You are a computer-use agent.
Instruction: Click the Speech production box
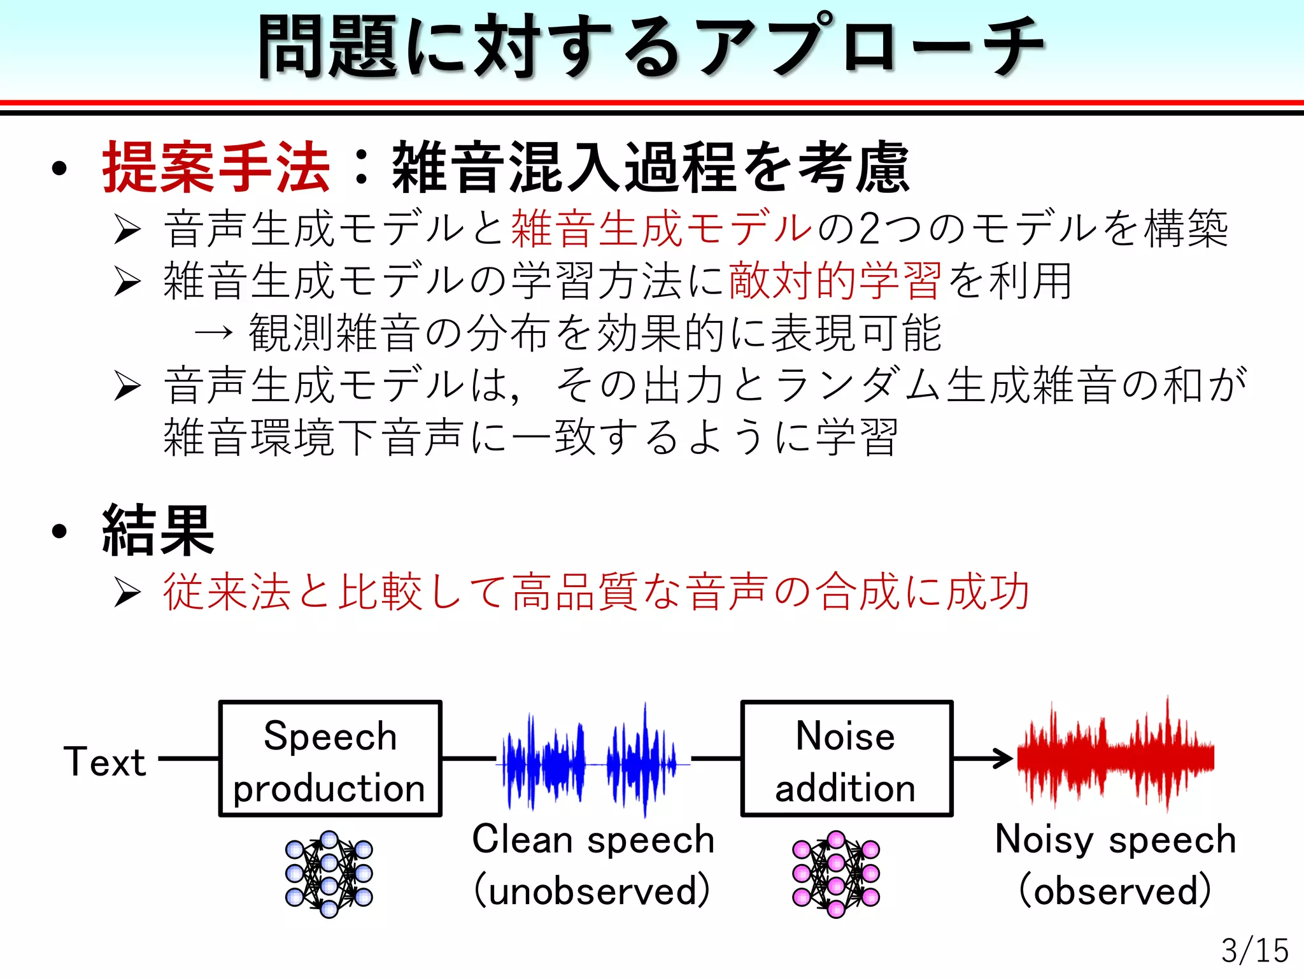[330, 759]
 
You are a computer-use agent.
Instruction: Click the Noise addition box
[846, 759]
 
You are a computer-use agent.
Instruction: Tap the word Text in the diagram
[104, 762]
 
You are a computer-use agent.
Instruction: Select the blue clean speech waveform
[589, 759]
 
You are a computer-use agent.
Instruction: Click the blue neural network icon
[329, 874]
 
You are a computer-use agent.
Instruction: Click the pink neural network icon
[835, 874]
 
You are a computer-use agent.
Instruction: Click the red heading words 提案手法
[216, 167]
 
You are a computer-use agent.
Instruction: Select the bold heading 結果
[158, 530]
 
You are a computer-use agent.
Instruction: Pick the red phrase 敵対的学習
[834, 281]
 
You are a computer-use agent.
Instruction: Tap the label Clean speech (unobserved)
[593, 864]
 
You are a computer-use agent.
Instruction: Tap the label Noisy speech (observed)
[1116, 864]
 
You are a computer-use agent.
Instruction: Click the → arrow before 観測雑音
[213, 332]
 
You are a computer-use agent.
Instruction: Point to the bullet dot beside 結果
[60, 531]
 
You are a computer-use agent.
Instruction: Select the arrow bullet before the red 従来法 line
[127, 593]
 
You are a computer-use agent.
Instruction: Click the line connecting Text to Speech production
[188, 759]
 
